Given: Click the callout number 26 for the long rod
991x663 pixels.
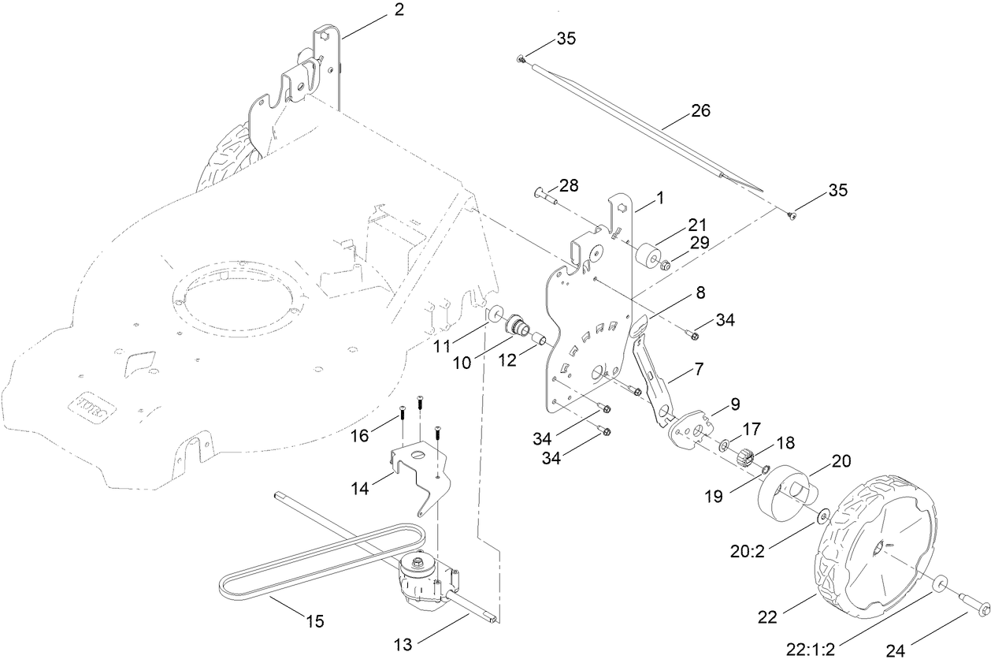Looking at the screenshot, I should pos(700,110).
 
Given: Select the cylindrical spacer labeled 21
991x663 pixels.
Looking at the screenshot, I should pos(650,257).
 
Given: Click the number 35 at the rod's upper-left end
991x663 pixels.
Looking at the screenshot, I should pos(566,38).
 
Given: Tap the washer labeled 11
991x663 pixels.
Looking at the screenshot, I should pos(495,315).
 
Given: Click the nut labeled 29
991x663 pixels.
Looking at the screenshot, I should pos(666,265).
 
